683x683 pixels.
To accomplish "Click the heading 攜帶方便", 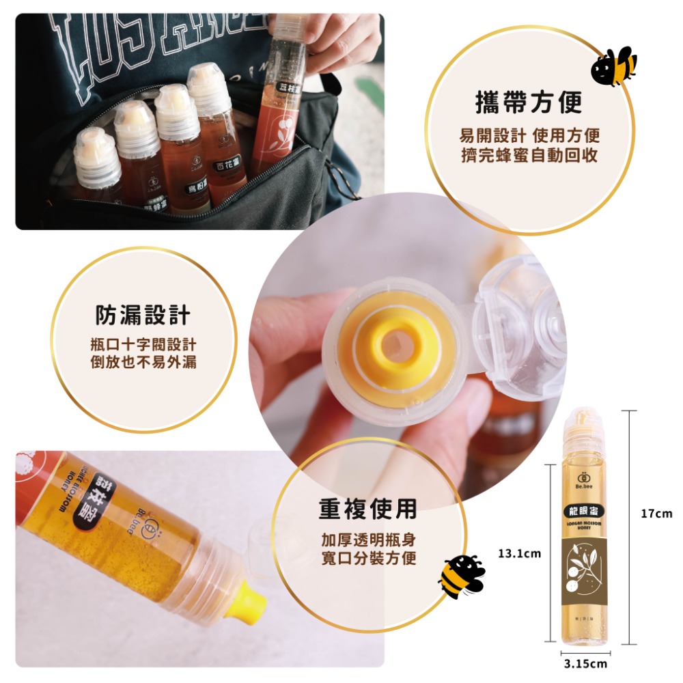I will click(x=529, y=102).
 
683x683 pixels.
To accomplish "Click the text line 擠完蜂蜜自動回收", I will click(x=529, y=156).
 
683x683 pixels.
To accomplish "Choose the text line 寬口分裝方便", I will click(x=368, y=559).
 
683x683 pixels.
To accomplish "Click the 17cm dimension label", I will click(x=656, y=514).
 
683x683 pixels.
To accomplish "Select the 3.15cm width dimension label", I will click(x=585, y=663).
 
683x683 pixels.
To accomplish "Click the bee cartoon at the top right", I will click(x=613, y=67).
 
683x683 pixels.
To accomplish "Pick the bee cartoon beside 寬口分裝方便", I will click(x=461, y=574).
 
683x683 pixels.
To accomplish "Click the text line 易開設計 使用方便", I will click(x=529, y=135).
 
